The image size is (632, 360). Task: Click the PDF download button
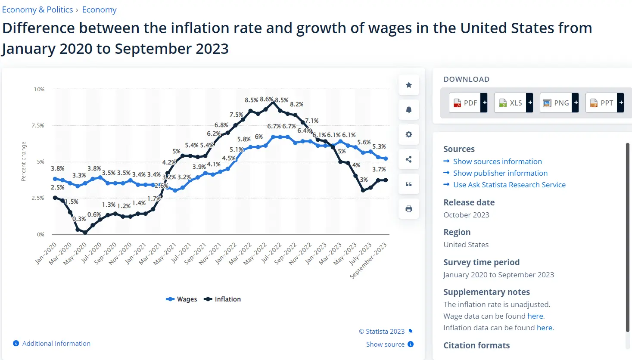coord(467,103)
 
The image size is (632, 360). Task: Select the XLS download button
coord(513,103)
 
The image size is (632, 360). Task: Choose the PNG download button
coord(558,103)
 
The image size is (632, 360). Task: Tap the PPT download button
coord(604,103)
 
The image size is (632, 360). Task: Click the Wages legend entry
coord(182,299)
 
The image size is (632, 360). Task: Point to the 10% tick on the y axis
coord(39,90)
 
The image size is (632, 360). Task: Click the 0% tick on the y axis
coord(40,235)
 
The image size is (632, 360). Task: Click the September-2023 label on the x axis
coord(368,261)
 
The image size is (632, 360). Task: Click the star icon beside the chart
coord(409,85)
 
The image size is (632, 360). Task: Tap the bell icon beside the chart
coord(409,110)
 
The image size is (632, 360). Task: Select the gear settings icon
coord(409,134)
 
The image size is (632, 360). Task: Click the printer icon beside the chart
coord(409,209)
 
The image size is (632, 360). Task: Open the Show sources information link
coord(497,161)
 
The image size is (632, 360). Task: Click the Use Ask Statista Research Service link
coord(509,185)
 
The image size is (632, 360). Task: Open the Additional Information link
coord(56,344)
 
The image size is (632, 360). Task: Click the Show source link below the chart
coord(385,344)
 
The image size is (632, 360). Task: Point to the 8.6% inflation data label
coord(266,99)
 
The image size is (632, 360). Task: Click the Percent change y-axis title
coord(24,161)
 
